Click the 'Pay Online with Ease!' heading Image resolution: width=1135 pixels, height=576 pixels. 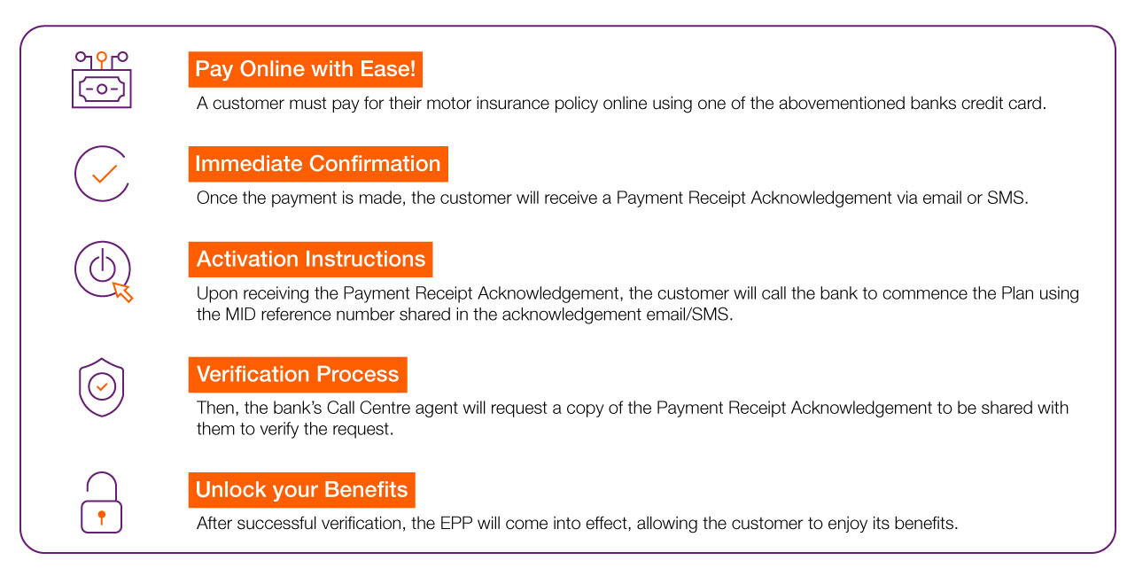click(x=305, y=69)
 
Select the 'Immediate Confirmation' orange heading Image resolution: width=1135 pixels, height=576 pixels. click(x=317, y=164)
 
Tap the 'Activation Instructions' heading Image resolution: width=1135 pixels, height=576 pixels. click(x=310, y=260)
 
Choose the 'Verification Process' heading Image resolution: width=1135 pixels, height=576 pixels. click(x=297, y=375)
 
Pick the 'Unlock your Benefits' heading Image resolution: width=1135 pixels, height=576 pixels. click(x=301, y=490)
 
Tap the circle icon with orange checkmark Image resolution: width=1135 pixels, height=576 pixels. click(x=102, y=174)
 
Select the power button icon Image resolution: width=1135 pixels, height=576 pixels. click(x=102, y=268)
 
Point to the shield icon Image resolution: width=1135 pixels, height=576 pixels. click(x=102, y=386)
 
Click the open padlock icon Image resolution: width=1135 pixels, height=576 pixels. click(x=101, y=502)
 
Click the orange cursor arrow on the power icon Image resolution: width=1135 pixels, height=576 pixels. click(x=123, y=292)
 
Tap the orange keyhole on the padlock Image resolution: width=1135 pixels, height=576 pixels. click(x=102, y=516)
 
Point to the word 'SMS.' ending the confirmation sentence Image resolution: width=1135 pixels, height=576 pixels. click(x=1008, y=198)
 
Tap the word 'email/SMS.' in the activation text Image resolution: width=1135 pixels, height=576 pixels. click(x=691, y=315)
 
